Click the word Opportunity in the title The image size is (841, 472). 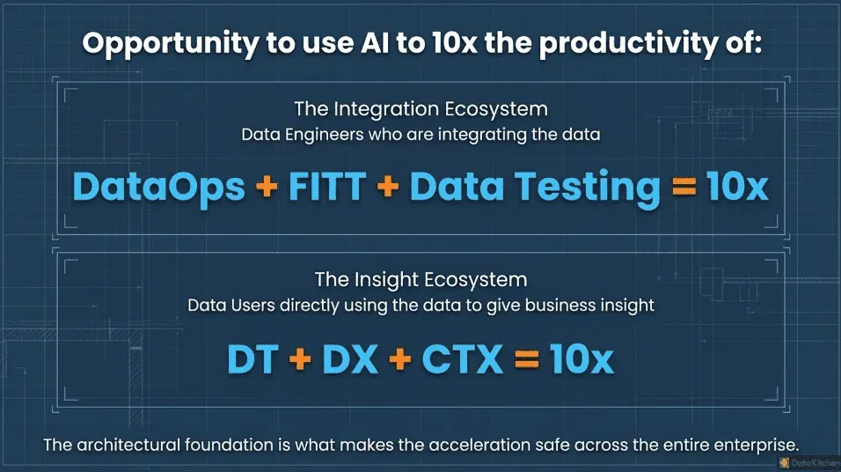pyautogui.click(x=170, y=43)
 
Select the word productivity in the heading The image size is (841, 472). pyautogui.click(x=627, y=43)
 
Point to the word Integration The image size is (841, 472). pyautogui.click(x=385, y=109)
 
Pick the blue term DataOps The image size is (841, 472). pyautogui.click(x=158, y=188)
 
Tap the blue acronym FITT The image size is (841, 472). pyautogui.click(x=327, y=186)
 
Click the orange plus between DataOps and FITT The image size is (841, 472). pyautogui.click(x=267, y=187)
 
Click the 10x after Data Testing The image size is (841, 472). pyautogui.click(x=737, y=186)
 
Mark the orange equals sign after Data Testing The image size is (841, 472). pyautogui.click(x=684, y=187)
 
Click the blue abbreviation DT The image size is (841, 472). pyautogui.click(x=252, y=359)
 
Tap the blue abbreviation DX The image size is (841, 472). pyautogui.click(x=350, y=359)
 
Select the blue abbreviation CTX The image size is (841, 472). pyautogui.click(x=463, y=359)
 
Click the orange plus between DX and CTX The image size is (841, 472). pyautogui.click(x=399, y=359)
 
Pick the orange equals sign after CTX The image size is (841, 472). pyautogui.click(x=526, y=359)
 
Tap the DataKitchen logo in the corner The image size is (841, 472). pyautogui.click(x=809, y=463)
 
